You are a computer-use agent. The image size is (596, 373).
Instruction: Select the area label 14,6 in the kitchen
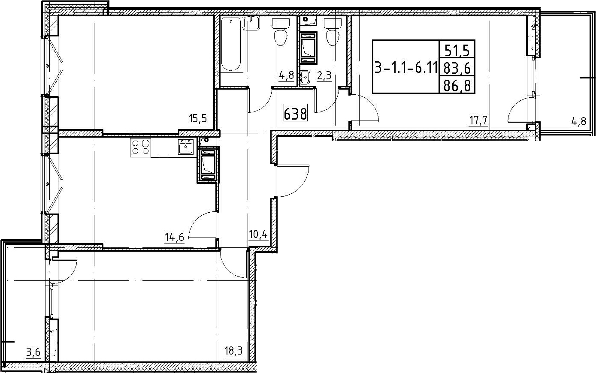point(174,237)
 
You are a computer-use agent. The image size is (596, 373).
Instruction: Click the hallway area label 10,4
point(257,235)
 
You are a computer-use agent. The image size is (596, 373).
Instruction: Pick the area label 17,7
point(478,121)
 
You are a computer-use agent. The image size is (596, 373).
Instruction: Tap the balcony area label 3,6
point(33,353)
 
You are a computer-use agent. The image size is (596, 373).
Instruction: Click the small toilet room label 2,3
point(324,76)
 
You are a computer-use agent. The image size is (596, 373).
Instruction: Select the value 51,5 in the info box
point(457,50)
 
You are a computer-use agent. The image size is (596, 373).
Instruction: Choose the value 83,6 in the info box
point(457,69)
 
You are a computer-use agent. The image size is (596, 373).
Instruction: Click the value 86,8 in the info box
point(457,86)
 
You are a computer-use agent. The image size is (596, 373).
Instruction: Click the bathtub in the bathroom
point(232,45)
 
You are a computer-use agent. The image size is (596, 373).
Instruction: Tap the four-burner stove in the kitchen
point(140,147)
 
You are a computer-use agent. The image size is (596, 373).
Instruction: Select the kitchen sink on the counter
point(186,147)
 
